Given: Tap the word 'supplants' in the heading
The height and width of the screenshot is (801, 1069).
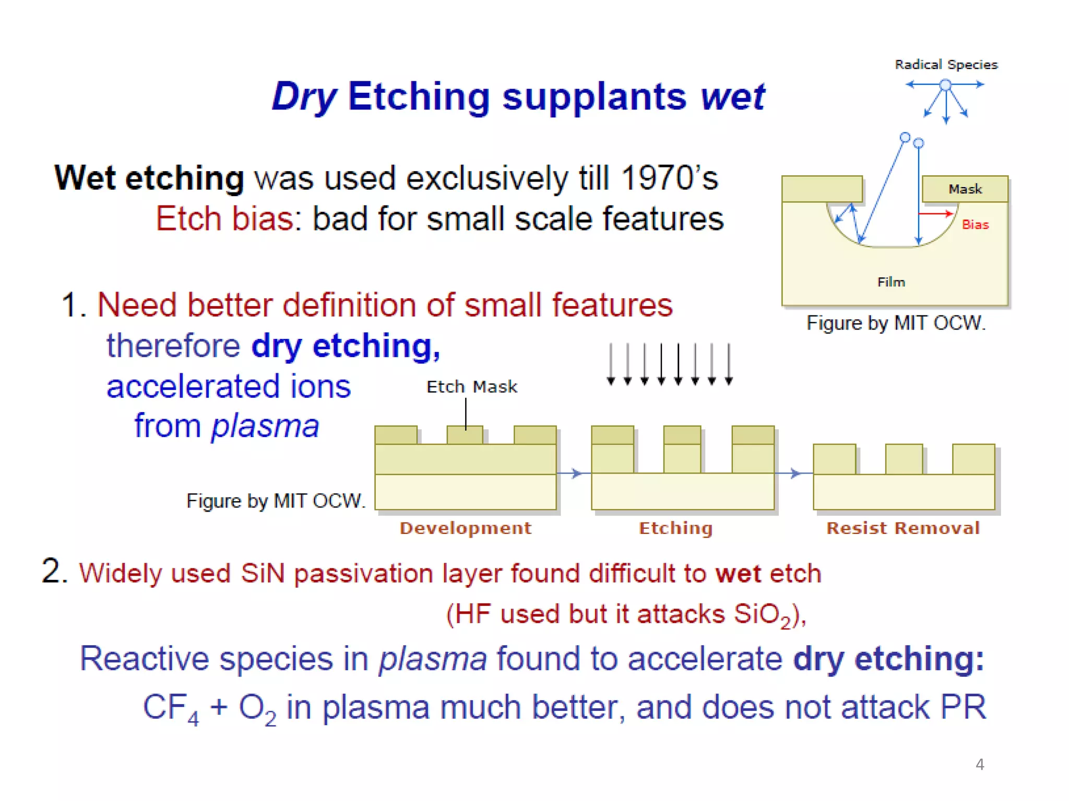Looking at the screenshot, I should (594, 97).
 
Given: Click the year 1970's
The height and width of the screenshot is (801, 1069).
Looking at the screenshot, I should (670, 178).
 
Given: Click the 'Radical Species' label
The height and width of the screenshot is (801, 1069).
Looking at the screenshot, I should (946, 65).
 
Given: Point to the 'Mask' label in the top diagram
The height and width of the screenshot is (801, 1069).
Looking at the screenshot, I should (965, 189).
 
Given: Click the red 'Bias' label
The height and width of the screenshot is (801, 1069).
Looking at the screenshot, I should (975, 225).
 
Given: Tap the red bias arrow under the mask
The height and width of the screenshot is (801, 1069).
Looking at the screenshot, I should (936, 213).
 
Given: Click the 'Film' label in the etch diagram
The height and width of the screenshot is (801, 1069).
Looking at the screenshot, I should (890, 282).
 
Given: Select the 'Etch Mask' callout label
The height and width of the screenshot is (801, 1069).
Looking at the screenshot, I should (471, 387).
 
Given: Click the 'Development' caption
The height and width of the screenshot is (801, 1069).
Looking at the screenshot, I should (465, 528).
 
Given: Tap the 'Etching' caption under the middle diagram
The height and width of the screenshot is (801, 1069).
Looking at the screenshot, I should (675, 528).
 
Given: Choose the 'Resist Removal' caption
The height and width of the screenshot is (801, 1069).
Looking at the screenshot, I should (902, 528).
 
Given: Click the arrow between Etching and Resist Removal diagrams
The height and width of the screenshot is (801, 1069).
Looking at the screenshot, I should (793, 474).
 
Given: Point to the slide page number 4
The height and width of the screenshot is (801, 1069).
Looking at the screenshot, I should (979, 764).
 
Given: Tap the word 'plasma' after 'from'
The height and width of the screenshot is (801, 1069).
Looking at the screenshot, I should (265, 427).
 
